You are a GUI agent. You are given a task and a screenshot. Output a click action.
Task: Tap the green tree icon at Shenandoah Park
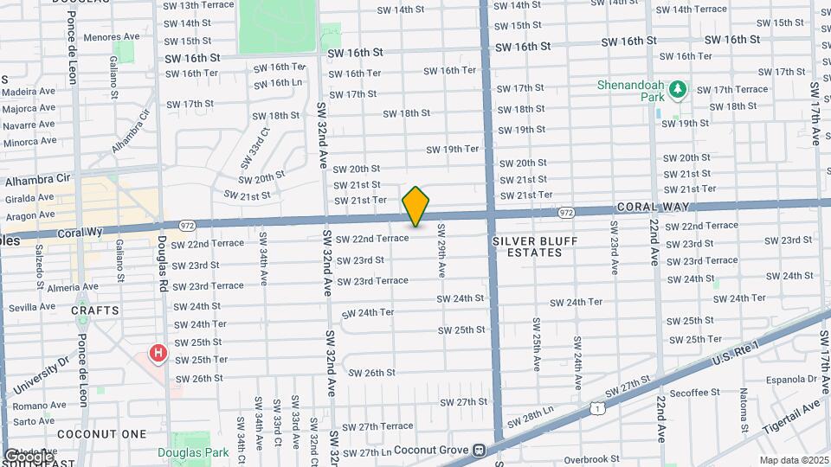pyautogui.click(x=679, y=89)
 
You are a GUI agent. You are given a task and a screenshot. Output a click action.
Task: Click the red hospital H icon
pyautogui.click(x=158, y=353)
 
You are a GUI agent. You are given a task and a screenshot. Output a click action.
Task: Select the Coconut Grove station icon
pyautogui.click(x=478, y=450)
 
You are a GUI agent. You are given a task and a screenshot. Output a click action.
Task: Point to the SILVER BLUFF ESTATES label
pyautogui.click(x=527, y=246)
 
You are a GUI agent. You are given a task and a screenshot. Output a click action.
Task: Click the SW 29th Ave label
pyautogui.click(x=441, y=252)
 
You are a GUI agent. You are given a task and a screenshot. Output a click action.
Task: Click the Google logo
pyautogui.click(x=29, y=456)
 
